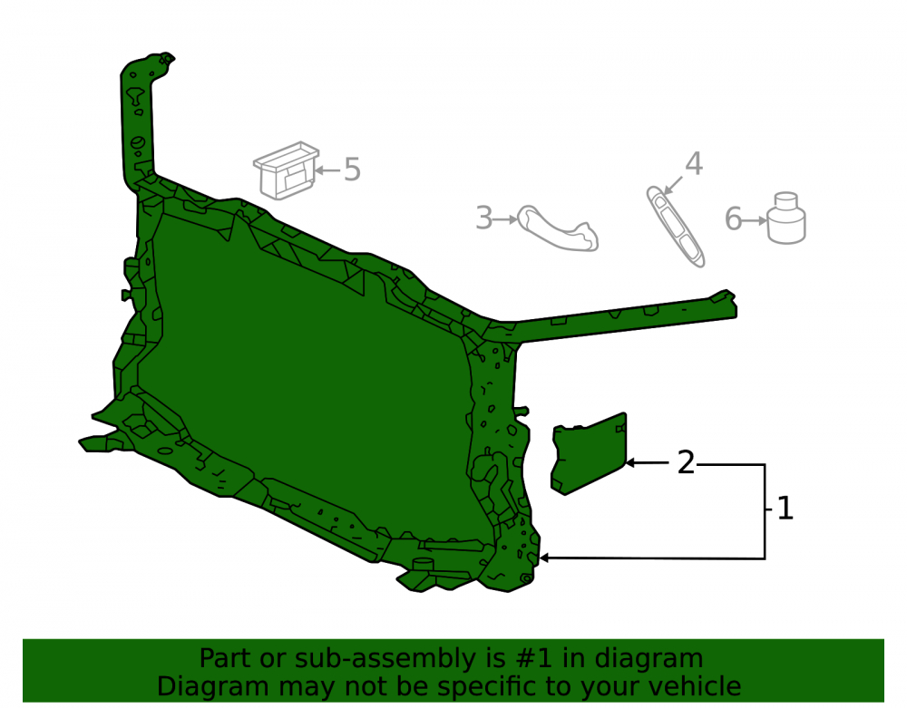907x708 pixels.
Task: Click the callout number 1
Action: coord(785,509)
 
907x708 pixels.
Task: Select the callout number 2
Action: coord(686,463)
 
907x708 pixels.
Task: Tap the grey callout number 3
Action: coord(483,218)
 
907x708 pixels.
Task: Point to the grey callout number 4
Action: coord(694,163)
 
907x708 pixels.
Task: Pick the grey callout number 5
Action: coord(352,170)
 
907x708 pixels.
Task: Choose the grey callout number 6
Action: coord(733,219)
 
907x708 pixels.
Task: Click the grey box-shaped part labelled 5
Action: coord(287,171)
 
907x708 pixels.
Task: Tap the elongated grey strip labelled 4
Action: coord(675,227)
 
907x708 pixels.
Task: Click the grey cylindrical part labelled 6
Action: coord(786,218)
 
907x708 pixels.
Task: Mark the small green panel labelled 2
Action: coord(589,453)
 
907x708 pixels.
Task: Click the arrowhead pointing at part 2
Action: coord(630,463)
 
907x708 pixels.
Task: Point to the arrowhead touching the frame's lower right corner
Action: coord(543,558)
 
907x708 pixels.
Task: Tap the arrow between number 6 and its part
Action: coord(755,220)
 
